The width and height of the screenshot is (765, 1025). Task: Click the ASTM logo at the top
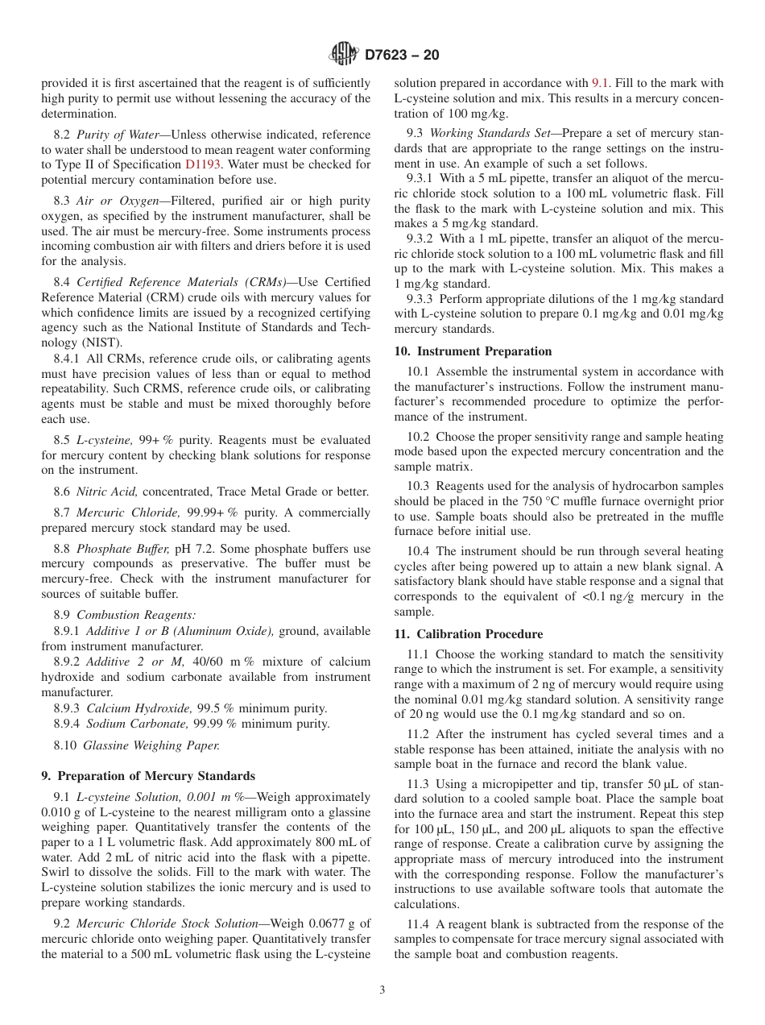coord(344,55)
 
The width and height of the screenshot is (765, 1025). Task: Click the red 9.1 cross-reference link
coord(601,83)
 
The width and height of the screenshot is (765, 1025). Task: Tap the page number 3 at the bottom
coord(382,990)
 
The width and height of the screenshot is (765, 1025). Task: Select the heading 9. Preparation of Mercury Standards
coord(148,776)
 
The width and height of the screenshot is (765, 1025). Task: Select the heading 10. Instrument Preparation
coord(473,351)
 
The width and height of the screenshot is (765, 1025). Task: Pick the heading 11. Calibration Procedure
coord(469,634)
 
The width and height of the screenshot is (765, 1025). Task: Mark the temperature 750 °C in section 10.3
coord(517,501)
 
